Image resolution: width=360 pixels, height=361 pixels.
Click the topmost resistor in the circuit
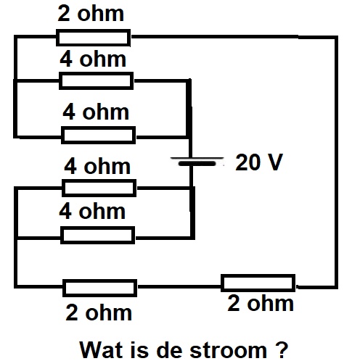pos(94,38)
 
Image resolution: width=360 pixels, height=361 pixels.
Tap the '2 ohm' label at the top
pos(91,14)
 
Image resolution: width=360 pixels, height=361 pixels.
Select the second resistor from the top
pos(97,80)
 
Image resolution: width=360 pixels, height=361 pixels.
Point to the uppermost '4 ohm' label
pos(93,59)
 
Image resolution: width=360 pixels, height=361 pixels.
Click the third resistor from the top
pos(99,135)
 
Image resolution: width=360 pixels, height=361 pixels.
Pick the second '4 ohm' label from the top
pos(96,112)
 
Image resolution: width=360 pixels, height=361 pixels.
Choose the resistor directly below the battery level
pos(99,188)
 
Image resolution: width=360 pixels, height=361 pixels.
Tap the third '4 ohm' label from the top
pos(97,166)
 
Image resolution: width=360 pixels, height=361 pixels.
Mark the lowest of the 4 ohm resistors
pos(97,235)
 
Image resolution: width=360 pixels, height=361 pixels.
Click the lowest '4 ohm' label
pos(92,211)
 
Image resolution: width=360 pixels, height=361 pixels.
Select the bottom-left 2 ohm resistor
pos(100,288)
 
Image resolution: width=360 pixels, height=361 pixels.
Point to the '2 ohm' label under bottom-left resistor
pos(99,312)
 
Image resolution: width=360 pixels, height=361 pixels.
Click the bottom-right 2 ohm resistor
pos(258,283)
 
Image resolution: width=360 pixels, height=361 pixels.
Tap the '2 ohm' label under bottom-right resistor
pos(261,303)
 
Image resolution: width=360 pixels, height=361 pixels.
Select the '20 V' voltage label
pos(259,162)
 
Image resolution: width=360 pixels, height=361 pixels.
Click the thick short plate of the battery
pos(197,164)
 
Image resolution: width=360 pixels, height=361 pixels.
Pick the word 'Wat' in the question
pos(102,349)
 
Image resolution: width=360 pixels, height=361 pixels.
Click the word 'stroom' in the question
pos(228,350)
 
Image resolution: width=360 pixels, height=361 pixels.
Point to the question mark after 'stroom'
pos(282,349)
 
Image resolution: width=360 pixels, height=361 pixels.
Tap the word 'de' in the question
pos(169,349)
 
